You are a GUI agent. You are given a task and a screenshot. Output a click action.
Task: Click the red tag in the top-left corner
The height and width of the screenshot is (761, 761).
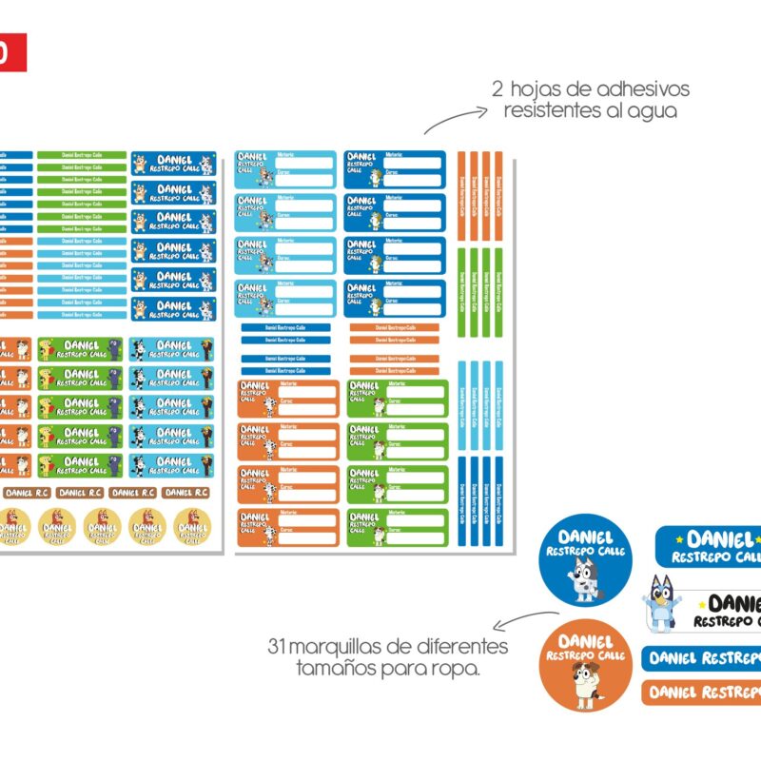point(12,53)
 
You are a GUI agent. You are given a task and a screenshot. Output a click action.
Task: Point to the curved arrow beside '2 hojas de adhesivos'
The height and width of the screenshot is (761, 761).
point(452,120)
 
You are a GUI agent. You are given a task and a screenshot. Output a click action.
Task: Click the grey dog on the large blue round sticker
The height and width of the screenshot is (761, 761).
point(583,580)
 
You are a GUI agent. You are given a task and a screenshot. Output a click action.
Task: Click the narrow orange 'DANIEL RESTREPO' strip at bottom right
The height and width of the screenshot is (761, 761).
point(704,692)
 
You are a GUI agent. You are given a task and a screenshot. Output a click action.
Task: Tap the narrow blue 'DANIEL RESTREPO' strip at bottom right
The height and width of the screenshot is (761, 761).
point(704,657)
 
